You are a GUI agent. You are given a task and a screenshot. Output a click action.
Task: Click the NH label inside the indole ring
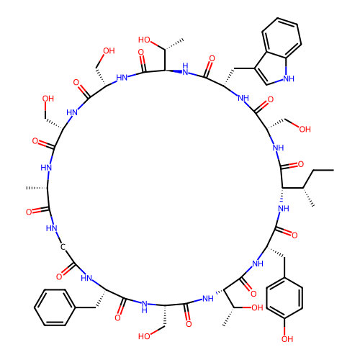[x=289, y=78]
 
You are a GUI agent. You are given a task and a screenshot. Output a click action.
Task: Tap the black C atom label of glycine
[x=63, y=247]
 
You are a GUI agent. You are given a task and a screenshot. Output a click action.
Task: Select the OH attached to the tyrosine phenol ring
[x=287, y=339]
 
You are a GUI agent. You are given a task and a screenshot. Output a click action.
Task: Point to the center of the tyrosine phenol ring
[x=284, y=297]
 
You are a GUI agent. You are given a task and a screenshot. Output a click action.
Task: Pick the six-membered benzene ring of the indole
[x=282, y=38]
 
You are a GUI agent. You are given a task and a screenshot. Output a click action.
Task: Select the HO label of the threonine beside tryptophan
[x=144, y=40]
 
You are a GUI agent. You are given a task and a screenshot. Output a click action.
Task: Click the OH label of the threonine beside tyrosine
[x=257, y=307]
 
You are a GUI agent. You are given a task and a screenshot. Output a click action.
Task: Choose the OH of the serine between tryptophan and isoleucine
[x=305, y=129]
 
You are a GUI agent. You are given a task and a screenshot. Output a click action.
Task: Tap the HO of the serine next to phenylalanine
[x=144, y=336]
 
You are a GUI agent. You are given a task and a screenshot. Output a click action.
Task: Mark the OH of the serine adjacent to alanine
[x=48, y=99]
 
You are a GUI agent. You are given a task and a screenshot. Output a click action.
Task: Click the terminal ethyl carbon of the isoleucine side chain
[x=333, y=170]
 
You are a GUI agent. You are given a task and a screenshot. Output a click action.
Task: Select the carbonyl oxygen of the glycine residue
[x=59, y=277]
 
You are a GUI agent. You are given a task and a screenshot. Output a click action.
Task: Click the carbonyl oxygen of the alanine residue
[x=29, y=212]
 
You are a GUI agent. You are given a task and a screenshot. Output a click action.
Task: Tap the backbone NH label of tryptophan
[x=243, y=98]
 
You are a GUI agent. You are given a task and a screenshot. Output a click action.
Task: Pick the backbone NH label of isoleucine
[x=284, y=208]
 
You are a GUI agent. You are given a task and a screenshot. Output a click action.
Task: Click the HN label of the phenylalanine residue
[x=86, y=278]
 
